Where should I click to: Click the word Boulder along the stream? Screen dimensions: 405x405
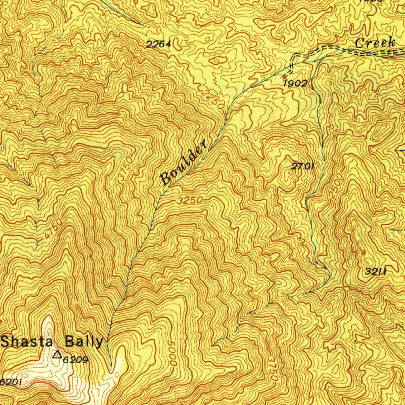[x=184, y=161]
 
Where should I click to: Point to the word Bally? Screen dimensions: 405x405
[x=84, y=341]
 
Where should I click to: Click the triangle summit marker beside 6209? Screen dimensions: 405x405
[x=58, y=354]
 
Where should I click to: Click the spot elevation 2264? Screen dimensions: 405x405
[x=159, y=45]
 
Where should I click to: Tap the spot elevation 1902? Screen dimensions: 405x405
[x=295, y=83]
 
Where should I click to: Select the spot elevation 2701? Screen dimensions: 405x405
[x=303, y=167]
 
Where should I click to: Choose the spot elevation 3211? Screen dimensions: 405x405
[x=375, y=272]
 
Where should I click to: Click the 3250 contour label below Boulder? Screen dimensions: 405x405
[x=190, y=201]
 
